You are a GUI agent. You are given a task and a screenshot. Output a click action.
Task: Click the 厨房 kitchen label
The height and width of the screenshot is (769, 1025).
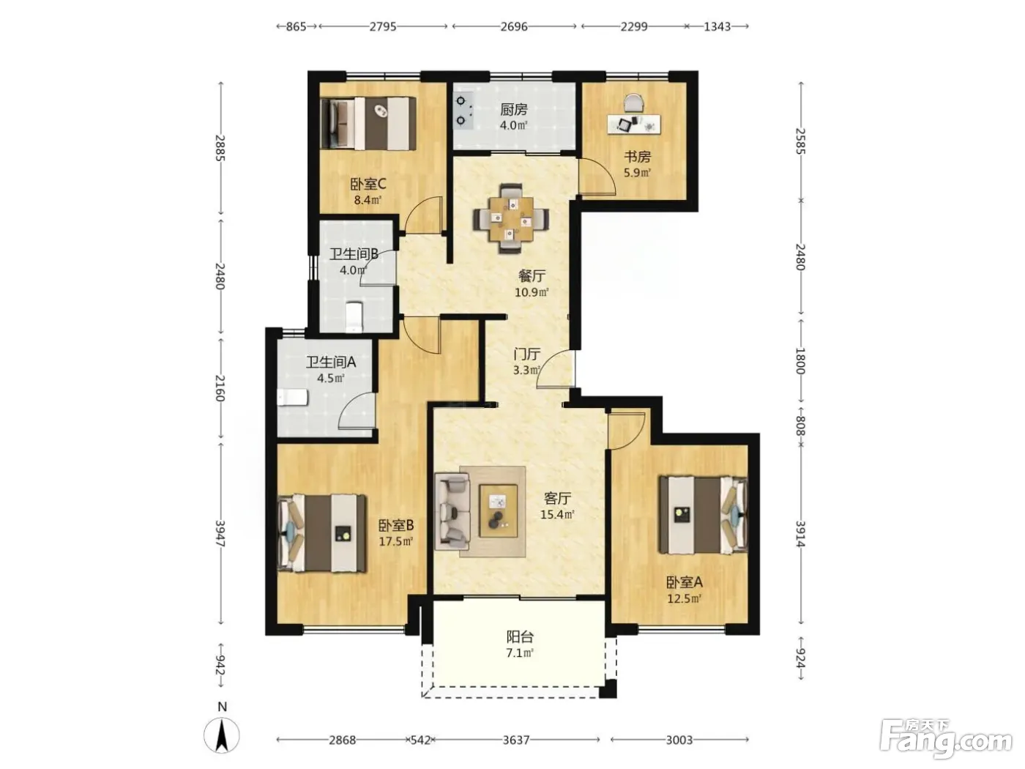513,110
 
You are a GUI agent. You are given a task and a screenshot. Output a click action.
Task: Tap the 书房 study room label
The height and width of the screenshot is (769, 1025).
637,157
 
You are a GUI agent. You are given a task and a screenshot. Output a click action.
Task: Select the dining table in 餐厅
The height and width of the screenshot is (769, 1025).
511,218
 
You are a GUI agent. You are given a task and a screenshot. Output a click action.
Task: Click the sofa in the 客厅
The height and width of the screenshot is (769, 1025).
452,510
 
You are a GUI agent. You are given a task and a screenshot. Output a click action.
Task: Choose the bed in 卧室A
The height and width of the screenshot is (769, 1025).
704,515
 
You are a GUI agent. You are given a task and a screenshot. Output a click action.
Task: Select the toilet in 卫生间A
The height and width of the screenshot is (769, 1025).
293,398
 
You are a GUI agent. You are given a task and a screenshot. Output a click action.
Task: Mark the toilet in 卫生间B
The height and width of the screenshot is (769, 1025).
354,317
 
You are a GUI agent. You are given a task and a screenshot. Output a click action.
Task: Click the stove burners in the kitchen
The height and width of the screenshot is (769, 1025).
461,111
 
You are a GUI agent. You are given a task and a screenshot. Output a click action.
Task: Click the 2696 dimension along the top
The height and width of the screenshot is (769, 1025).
514,26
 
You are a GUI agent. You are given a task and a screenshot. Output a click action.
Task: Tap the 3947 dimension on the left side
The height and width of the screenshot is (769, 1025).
220,534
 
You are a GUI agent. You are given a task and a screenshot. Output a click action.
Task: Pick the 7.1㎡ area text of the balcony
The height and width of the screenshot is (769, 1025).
519,653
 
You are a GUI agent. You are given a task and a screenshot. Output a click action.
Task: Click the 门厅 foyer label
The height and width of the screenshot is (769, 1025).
526,354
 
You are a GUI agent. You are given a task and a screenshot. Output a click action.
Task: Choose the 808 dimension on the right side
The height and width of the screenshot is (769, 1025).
800,426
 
